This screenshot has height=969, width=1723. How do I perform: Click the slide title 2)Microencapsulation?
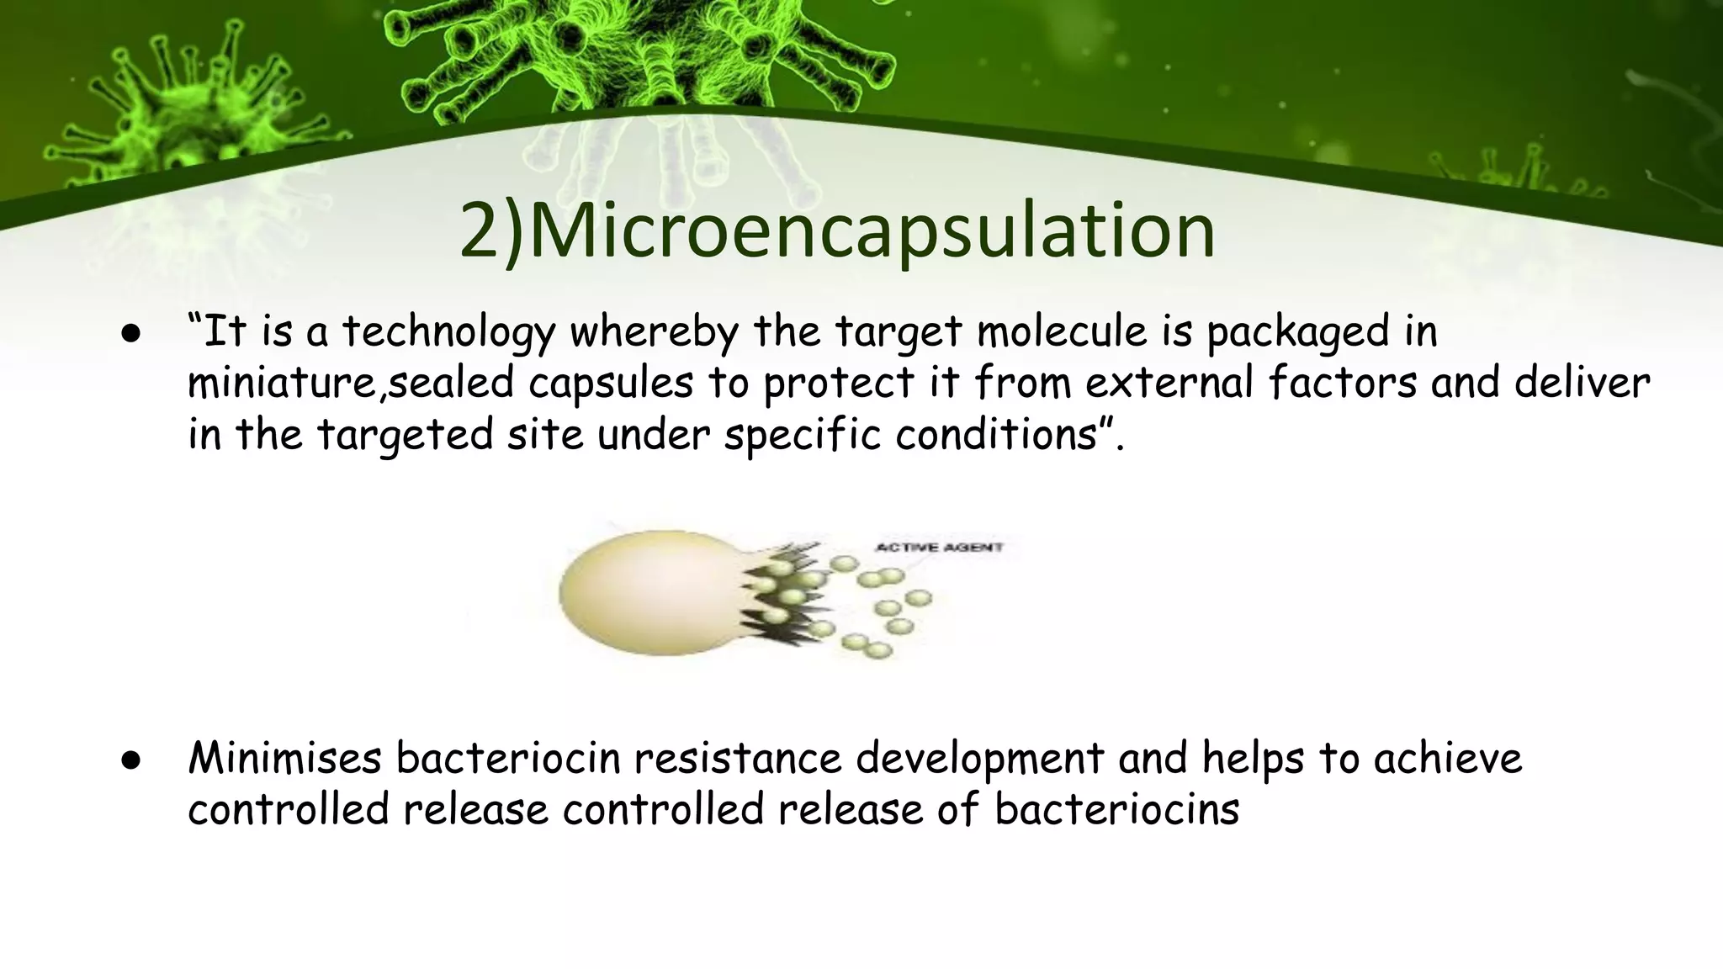coord(837,231)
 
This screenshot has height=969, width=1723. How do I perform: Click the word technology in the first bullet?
coord(448,332)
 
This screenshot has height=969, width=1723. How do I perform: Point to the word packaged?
coord(1297,332)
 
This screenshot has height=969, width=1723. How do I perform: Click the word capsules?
coord(611,384)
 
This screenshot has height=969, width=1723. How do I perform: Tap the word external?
coord(1169,383)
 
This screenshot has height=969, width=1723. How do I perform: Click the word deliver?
coord(1582,383)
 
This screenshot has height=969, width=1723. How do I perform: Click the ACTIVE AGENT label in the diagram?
coord(939,548)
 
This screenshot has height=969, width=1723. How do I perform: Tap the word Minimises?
coord(285,758)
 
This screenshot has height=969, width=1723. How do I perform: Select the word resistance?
coord(738,758)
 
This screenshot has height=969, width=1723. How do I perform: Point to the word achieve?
coord(1448,758)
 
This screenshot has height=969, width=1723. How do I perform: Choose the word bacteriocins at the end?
coord(1116,810)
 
